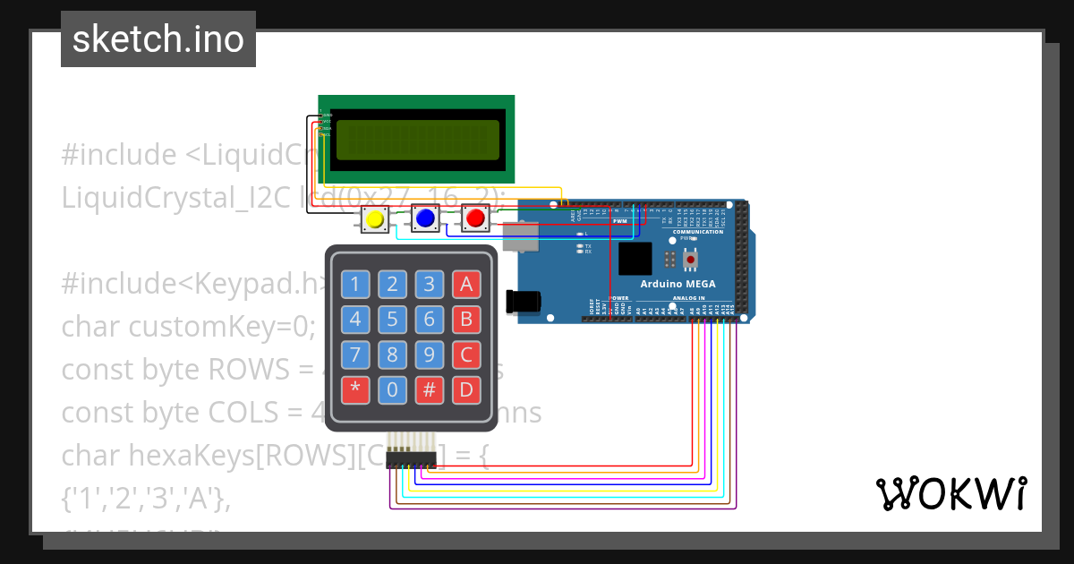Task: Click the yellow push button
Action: pos(375,218)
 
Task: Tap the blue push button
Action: pos(425,218)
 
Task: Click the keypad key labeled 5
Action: pos(392,320)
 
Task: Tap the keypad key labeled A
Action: pos(465,285)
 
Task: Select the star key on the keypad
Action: pos(355,389)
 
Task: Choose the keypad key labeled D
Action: pos(465,389)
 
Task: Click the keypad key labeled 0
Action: pos(392,389)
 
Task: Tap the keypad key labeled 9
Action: pos(429,355)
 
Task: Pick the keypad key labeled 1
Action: pos(355,285)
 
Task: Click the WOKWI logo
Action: pos(950,493)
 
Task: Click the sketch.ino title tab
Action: pos(158,39)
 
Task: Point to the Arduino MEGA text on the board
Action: pos(677,284)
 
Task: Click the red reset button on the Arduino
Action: pos(690,260)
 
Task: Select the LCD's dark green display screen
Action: pos(416,140)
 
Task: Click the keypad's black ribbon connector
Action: pos(411,458)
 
